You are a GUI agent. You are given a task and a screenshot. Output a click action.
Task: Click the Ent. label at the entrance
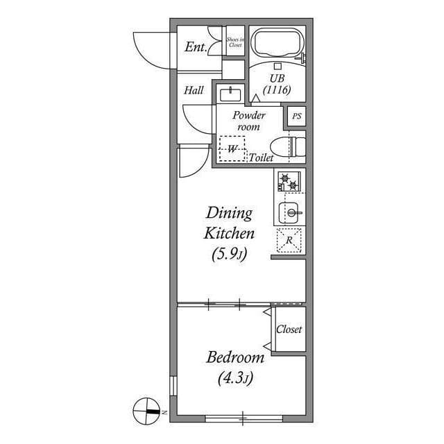click(195, 47)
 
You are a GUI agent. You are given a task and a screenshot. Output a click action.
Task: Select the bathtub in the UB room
click(277, 44)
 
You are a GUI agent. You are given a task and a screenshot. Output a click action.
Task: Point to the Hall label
click(194, 90)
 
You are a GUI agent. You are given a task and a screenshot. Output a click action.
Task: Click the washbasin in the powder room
click(228, 94)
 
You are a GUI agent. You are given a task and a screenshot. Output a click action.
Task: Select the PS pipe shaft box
click(297, 117)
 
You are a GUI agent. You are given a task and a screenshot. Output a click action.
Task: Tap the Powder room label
click(249, 121)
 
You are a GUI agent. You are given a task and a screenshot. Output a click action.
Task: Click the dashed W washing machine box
click(232, 148)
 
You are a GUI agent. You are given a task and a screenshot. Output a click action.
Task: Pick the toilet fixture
click(287, 146)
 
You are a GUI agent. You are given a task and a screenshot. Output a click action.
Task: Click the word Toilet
click(262, 158)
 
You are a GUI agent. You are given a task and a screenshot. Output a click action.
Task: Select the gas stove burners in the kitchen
click(289, 182)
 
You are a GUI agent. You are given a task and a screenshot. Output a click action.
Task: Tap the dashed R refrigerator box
click(289, 240)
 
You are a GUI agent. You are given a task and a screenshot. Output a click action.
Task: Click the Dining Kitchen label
click(228, 223)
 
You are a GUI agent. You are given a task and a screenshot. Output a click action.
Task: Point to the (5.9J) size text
click(228, 255)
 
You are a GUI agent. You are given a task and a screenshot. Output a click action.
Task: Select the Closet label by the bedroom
click(289, 330)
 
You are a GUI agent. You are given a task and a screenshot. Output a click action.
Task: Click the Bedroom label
click(235, 358)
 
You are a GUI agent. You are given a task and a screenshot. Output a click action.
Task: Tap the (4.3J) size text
click(234, 379)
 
